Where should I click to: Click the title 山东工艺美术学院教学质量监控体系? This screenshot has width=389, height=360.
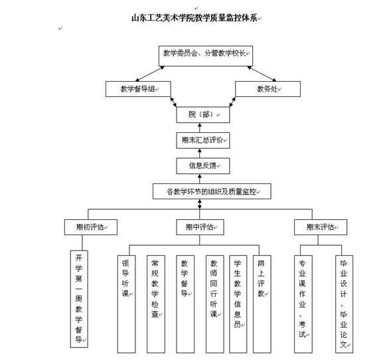click(x=194, y=18)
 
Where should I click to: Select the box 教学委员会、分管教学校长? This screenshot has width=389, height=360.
click(x=206, y=56)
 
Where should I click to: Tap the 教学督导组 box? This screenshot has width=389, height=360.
click(x=138, y=89)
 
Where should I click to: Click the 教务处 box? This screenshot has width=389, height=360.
click(x=268, y=89)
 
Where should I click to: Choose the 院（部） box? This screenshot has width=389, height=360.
click(x=203, y=115)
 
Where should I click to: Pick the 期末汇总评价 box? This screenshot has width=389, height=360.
click(x=203, y=141)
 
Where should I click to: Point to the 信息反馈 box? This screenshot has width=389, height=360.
click(x=203, y=166)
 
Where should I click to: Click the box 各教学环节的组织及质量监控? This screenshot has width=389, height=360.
click(x=212, y=191)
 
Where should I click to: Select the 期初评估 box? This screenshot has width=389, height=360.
click(x=91, y=227)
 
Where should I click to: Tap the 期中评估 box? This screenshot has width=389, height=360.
click(x=200, y=227)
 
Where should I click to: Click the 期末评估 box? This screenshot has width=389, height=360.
click(x=321, y=227)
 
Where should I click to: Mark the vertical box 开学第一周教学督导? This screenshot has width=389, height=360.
click(x=79, y=299)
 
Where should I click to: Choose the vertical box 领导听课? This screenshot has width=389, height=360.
click(x=126, y=304)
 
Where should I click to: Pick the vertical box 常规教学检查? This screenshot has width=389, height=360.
click(x=156, y=304)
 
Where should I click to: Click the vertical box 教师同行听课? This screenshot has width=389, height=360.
click(x=214, y=304)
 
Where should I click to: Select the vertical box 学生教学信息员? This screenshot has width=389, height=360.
click(x=238, y=304)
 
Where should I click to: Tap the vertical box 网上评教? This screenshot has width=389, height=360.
click(x=262, y=304)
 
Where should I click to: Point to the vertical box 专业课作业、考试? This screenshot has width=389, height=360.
click(x=303, y=304)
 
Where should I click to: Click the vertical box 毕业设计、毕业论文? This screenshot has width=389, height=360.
click(x=344, y=304)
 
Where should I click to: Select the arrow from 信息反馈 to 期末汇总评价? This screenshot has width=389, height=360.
click(x=200, y=153)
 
